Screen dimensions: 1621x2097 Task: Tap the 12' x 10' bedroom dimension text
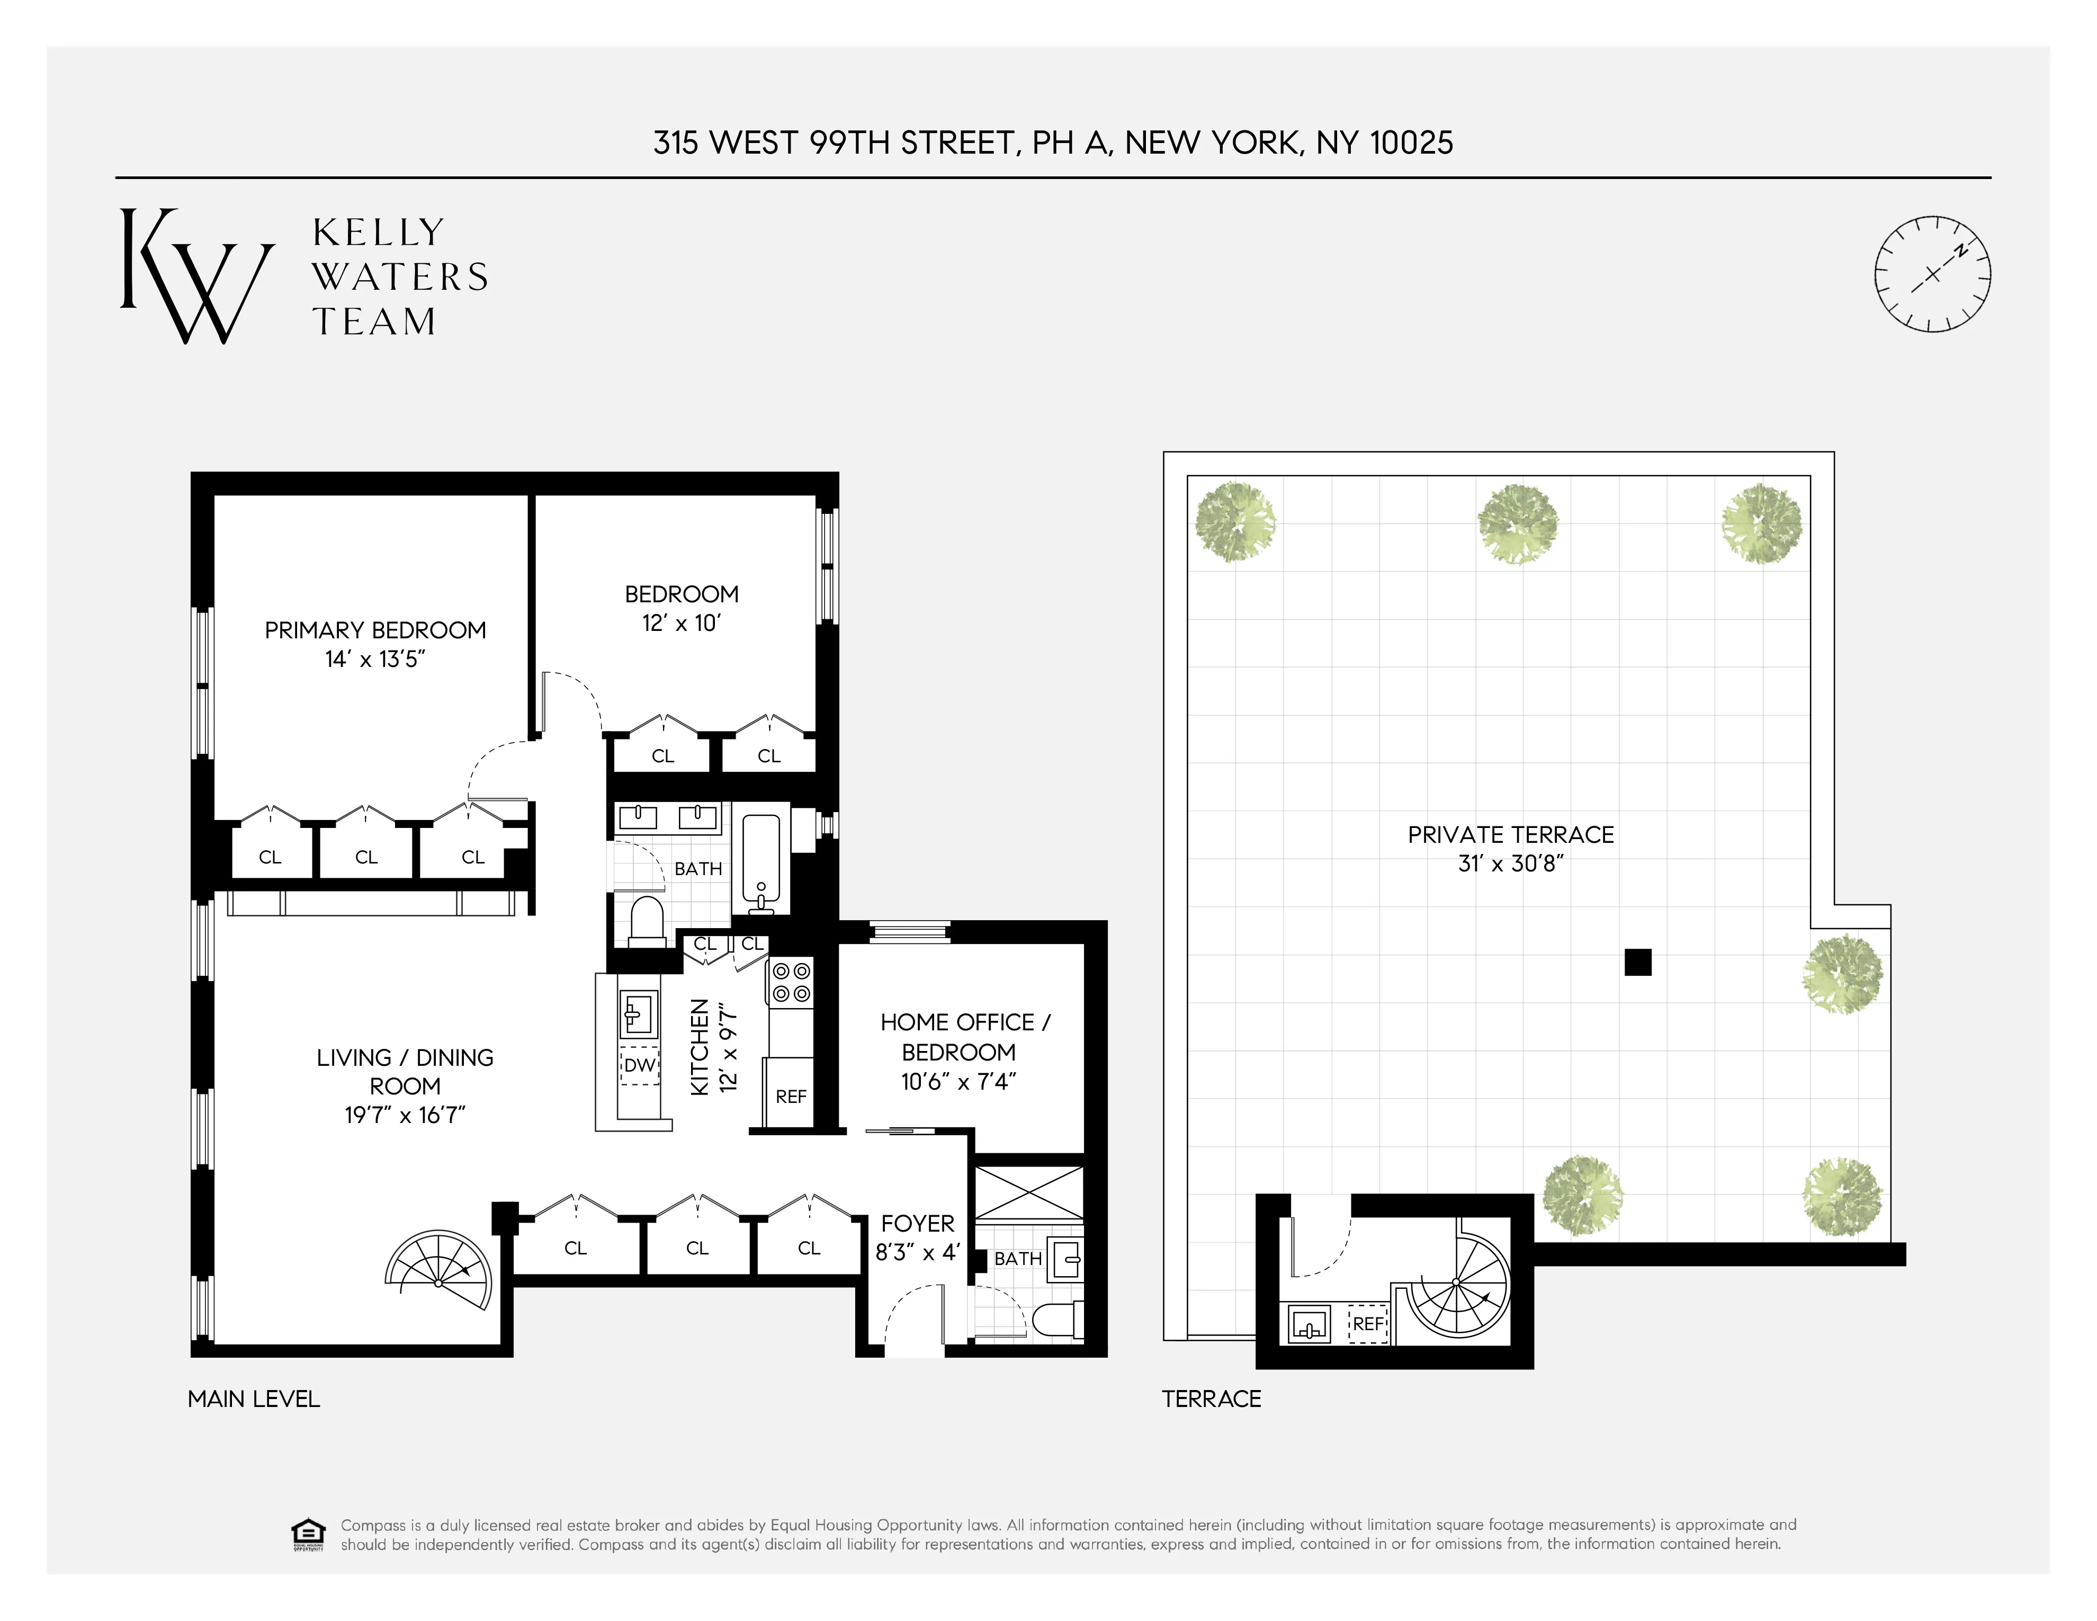click(681, 624)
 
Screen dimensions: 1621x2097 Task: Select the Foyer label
click(918, 1224)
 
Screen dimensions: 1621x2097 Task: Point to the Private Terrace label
click(1510, 834)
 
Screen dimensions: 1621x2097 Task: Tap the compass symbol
click(1933, 274)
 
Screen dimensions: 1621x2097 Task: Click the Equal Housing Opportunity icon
click(307, 1535)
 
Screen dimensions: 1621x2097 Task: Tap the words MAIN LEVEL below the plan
click(254, 1399)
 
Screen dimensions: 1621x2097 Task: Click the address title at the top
click(1052, 143)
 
